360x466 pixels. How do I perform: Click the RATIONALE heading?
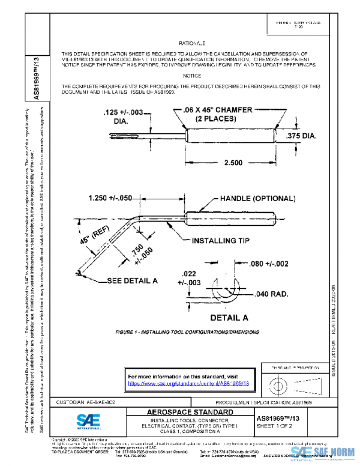tap(192, 44)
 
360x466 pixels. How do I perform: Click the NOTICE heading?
tap(192, 76)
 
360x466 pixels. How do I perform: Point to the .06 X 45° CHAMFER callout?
tap(213, 113)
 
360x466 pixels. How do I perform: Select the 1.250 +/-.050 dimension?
tap(118, 198)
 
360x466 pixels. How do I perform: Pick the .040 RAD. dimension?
tap(265, 294)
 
